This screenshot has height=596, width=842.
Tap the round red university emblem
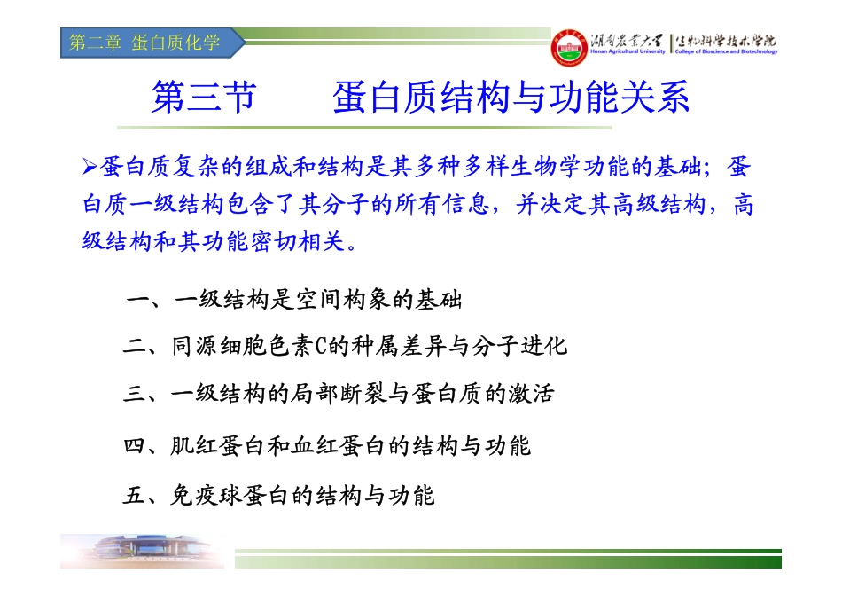pos(569,48)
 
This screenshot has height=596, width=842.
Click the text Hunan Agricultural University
pos(628,51)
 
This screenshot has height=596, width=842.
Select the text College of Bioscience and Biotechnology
pos(726,51)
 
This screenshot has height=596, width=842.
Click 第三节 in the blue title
pos(204,98)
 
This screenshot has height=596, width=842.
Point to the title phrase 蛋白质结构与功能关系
pos(511,98)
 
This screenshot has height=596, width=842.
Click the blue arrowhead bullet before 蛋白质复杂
pos(90,167)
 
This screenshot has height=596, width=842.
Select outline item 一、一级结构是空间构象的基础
pos(293,300)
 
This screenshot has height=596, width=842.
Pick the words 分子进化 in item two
pos(519,346)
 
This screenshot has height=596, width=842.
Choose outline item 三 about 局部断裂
pos(339,394)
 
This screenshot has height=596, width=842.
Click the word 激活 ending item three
pos(531,394)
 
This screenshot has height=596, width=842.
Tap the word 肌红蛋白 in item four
pos(217,445)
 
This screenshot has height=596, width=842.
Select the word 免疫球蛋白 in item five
pos(229,495)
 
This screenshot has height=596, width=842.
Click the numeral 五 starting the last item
pos(134,495)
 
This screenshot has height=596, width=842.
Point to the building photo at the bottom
pos(143,551)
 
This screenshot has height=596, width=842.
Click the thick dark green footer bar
pos(508,562)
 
